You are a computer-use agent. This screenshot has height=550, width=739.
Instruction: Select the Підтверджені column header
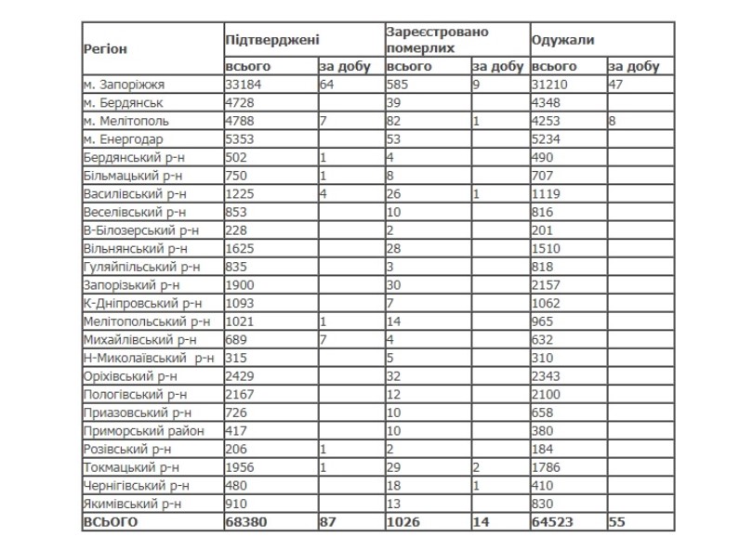[x=272, y=40]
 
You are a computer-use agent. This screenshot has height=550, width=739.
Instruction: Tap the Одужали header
[x=563, y=40]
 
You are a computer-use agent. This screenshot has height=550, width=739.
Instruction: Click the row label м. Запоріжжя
[x=124, y=85]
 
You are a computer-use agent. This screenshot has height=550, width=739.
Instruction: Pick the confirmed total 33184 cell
[x=244, y=85]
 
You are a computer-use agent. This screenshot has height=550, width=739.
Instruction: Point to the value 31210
[x=549, y=85]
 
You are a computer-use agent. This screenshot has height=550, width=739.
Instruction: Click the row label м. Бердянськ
[x=124, y=102]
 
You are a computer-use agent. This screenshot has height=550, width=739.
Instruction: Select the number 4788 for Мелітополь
[x=240, y=120]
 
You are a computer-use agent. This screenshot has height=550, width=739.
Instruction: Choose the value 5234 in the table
[x=546, y=137]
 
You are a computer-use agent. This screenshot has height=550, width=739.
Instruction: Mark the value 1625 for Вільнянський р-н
[x=240, y=248]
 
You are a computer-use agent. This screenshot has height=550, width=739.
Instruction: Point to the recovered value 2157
[x=546, y=283]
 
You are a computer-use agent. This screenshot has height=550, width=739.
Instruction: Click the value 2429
[x=240, y=375]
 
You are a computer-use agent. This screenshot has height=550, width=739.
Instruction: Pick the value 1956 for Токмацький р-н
[x=240, y=467]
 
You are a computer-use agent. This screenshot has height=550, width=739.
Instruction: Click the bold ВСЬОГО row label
[x=111, y=522]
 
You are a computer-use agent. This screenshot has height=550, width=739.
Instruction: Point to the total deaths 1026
[x=402, y=522]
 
